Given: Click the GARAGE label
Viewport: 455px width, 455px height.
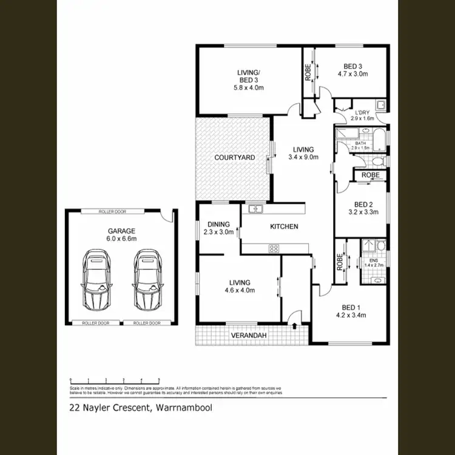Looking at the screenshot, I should pos(122,231).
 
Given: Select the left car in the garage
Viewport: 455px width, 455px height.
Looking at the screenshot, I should pos(96,280).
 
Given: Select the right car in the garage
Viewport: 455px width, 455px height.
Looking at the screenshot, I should pos(147,280).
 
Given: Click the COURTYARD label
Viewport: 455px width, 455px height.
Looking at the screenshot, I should pos(231,158).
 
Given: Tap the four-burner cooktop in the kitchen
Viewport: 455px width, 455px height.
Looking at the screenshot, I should pos(274,248).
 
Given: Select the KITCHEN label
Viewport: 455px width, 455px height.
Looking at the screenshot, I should pos(284,226).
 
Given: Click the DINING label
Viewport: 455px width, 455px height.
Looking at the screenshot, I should pos(218,223).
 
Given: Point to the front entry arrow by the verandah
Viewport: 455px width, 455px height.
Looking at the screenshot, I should pos(295,326).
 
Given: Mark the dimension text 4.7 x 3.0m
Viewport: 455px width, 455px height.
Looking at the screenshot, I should pos(353,74).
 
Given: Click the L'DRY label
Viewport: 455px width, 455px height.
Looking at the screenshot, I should pos(362,112).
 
